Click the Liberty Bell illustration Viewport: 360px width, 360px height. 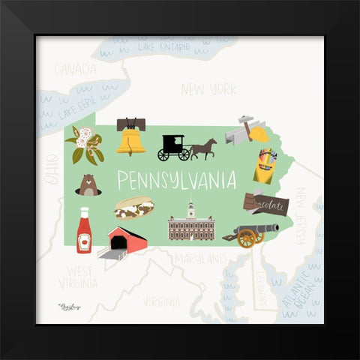tap(131, 136)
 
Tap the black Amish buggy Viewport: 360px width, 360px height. tap(174, 148)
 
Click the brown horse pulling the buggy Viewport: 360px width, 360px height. tap(203, 148)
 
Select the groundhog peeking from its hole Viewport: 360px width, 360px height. tap(88, 184)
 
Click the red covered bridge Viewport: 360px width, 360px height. tap(125, 241)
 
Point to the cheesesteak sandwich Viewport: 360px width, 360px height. tap(133, 207)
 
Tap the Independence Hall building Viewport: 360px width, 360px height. tap(191, 224)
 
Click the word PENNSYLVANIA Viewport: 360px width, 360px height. tap(176, 181)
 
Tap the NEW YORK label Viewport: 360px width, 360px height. tap(208, 90)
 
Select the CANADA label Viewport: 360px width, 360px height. tap(75, 70)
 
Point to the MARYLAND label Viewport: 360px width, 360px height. tap(199, 258)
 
